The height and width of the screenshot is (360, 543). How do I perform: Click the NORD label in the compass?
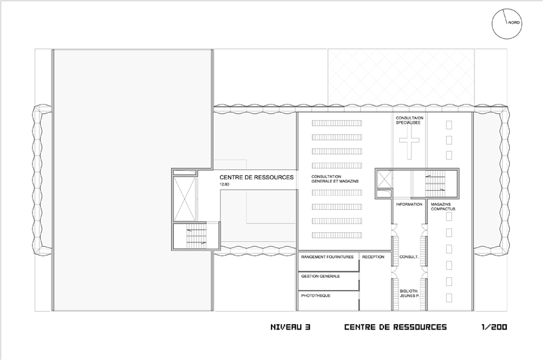click(514, 22)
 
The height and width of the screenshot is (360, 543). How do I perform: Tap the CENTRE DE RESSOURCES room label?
click(257, 177)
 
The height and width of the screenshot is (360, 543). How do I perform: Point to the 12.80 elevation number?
click(224, 185)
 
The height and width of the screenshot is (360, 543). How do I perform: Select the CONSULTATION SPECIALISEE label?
click(409, 120)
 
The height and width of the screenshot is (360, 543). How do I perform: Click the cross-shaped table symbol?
click(409, 141)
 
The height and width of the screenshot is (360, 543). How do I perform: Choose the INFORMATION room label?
click(409, 204)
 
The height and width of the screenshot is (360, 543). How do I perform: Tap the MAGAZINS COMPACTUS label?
click(443, 207)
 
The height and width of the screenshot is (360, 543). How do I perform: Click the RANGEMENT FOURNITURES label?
click(327, 257)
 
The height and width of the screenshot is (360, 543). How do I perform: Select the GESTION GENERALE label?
click(320, 276)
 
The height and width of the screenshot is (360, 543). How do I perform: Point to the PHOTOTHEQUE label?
click(316, 296)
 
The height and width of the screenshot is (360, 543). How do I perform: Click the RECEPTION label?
click(373, 257)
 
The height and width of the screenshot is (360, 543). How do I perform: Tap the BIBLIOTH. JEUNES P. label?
click(409, 294)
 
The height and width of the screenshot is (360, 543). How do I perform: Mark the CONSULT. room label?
click(409, 257)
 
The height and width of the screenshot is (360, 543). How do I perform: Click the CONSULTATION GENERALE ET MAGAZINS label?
click(335, 179)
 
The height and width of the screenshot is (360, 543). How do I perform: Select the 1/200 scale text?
click(494, 327)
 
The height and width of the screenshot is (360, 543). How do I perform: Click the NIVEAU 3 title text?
click(291, 327)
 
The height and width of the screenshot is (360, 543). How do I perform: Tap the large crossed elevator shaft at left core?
click(184, 199)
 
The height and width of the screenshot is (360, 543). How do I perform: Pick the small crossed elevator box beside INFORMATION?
click(384, 179)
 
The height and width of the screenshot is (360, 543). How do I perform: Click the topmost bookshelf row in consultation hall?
click(337, 123)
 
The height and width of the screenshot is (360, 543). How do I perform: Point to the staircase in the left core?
click(196, 236)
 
